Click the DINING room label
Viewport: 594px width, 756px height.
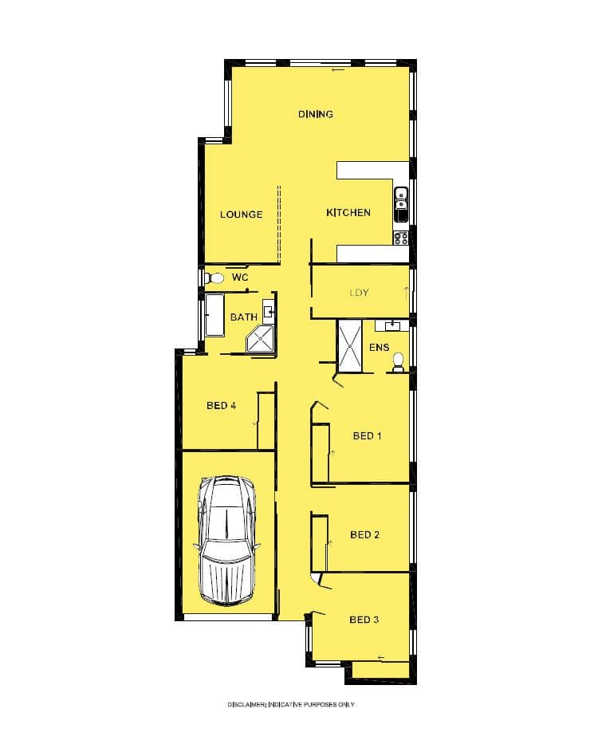(x=315, y=114)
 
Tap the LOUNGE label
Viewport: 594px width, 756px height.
(x=241, y=215)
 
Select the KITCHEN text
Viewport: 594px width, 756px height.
(x=348, y=213)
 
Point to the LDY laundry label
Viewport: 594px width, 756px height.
(x=360, y=293)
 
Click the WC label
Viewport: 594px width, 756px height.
(x=240, y=278)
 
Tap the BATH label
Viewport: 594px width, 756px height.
(x=243, y=317)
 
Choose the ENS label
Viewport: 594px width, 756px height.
(x=379, y=347)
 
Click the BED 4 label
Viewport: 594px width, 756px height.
(x=221, y=405)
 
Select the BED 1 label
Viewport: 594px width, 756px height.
(x=367, y=436)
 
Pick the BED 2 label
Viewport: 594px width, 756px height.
(x=364, y=534)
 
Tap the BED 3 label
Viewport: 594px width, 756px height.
(x=364, y=620)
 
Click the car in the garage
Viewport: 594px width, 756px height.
(x=226, y=541)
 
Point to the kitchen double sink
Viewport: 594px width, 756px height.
(x=401, y=204)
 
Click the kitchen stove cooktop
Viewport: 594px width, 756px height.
(x=401, y=238)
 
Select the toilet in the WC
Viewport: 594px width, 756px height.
(x=214, y=278)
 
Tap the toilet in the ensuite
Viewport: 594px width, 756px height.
(x=398, y=362)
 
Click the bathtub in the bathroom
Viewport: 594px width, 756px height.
(x=214, y=316)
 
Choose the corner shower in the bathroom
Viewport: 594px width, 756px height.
(x=260, y=340)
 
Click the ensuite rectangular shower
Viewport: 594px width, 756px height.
(x=350, y=346)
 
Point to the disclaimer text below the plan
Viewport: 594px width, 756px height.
(x=291, y=704)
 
